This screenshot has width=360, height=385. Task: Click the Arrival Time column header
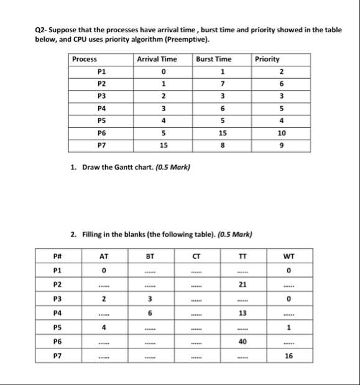[156, 60]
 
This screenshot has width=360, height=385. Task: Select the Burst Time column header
[213, 60]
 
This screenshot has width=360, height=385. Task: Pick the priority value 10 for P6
[281, 133]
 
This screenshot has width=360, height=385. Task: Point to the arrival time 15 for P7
[162, 145]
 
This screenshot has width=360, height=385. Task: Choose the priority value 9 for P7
[281, 145]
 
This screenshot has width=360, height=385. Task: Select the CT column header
[195, 255]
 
